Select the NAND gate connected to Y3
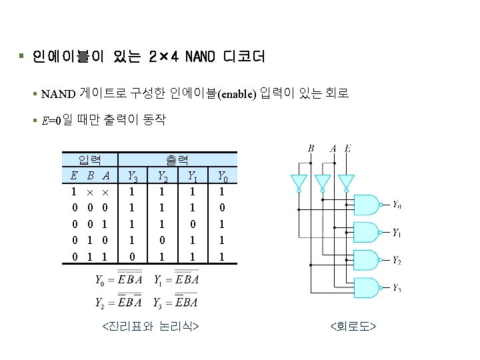coord(367,287)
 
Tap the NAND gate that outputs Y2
coord(367,260)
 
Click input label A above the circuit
coord(333,148)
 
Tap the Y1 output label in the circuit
coord(396,233)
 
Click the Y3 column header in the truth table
coord(132,177)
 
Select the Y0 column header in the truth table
coord(224,177)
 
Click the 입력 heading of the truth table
coord(90,159)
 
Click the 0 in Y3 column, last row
coord(132,256)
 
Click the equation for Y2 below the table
coord(119,303)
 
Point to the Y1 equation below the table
coord(177,279)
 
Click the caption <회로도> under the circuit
coord(353,326)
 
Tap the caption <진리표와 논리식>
coord(151,326)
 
